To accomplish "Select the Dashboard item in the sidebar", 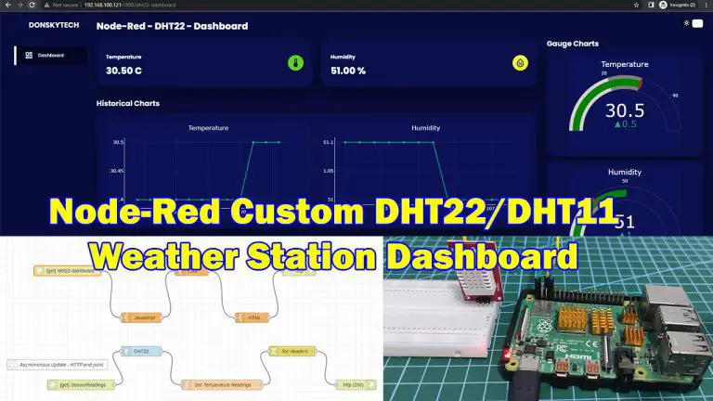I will pos(50,56).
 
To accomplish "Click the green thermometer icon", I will pos(294,64).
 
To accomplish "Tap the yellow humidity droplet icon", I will pos(521,64).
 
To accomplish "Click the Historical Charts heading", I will pos(127,104).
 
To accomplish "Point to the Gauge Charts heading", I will pos(573,44).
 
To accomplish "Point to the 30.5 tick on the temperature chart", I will pos(118,142).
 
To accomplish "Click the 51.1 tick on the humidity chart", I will pos(329,142).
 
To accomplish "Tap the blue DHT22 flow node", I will pos(142,352).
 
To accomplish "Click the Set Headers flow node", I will pos(284,351).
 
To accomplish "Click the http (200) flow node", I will pos(353,382).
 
